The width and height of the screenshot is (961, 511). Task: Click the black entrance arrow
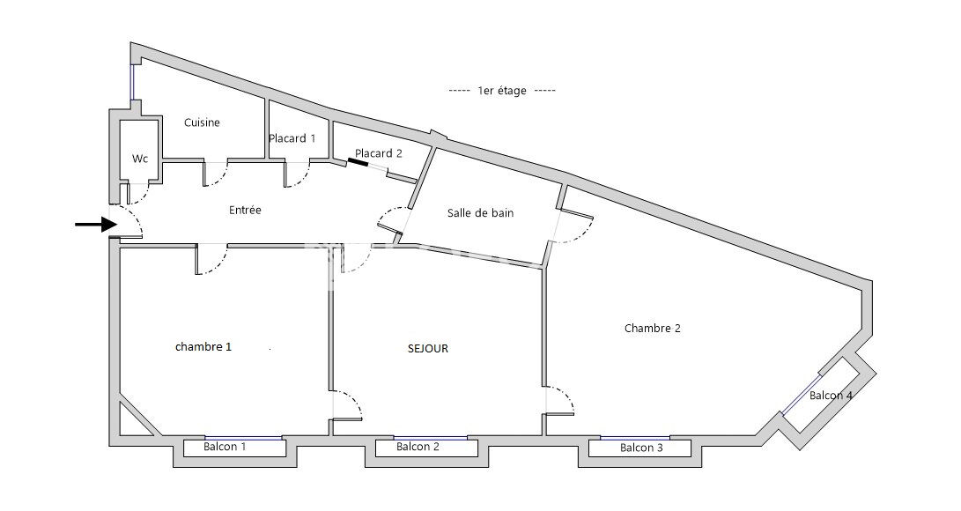coord(96,225)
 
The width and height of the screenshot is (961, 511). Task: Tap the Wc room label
coord(140,159)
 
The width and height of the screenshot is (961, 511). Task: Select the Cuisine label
coord(202,122)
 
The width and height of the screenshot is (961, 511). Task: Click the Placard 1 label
coord(292,138)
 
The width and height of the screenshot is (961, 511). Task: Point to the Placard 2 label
coord(379,153)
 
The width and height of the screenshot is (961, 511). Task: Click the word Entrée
coord(245,211)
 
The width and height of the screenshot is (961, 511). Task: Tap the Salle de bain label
coord(481,213)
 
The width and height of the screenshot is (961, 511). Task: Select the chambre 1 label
coord(203,347)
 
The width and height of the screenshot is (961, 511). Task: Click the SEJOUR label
coord(428,349)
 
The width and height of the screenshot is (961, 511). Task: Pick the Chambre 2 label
coord(653,329)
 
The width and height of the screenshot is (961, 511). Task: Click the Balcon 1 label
coord(225,447)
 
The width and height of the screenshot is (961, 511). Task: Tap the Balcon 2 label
coord(418,447)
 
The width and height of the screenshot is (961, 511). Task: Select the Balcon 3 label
coord(641,448)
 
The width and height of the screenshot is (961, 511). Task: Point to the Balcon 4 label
coord(831,396)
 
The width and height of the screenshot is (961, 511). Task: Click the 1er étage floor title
coord(502,91)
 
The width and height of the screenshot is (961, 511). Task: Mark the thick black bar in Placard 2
coord(358,162)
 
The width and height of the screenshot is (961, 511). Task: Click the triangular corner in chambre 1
coord(134,420)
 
